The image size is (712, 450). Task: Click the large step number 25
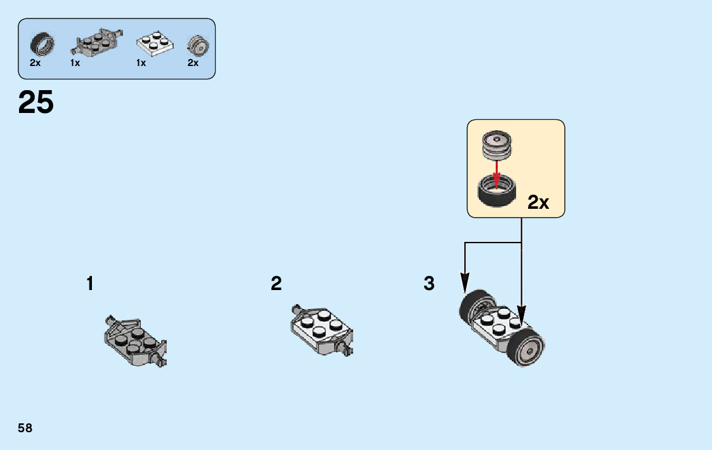coord(36,103)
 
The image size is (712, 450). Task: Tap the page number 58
coord(25,428)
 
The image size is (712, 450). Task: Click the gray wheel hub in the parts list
coord(198,46)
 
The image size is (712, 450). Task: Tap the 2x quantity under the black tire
coord(36,63)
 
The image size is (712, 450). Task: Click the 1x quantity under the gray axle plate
coord(75,63)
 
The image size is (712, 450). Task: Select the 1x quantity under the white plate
coord(141,63)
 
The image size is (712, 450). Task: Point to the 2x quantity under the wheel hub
coord(193,63)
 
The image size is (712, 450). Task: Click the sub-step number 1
coord(90,284)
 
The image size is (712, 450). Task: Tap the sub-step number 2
coord(276,284)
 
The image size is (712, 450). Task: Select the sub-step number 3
coord(429,284)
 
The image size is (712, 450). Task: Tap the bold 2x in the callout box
coord(538,202)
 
